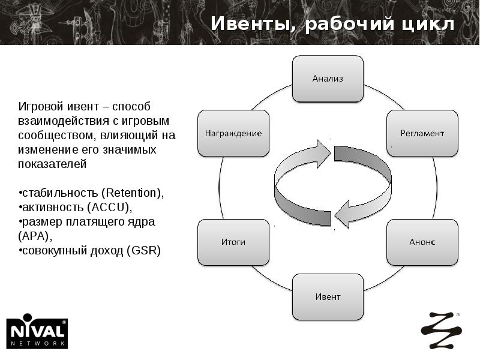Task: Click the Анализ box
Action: click(328, 79)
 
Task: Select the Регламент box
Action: click(422, 133)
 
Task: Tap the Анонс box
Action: click(422, 242)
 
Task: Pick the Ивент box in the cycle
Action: click(328, 297)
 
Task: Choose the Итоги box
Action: click(233, 242)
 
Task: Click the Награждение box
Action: click(233, 133)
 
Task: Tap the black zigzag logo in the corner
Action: click(441, 331)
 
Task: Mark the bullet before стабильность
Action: click(19, 193)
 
